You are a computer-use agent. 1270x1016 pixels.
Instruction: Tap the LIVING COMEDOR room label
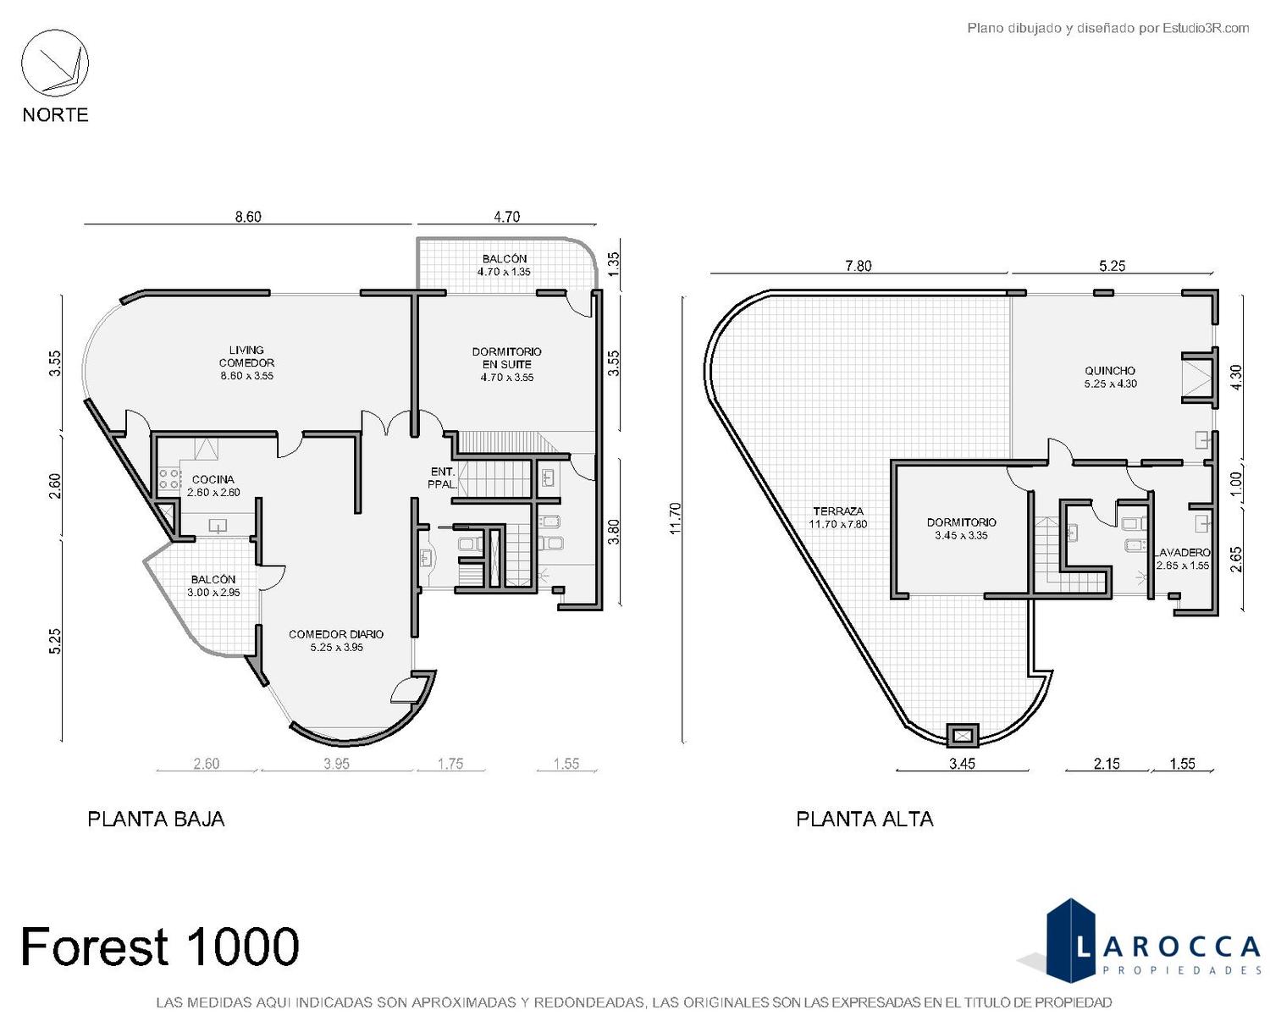[x=246, y=362]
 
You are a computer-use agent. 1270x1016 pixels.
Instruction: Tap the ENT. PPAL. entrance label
[x=443, y=478]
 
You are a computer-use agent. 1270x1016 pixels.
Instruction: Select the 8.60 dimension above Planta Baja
[x=248, y=217]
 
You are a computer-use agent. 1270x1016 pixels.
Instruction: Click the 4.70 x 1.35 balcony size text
[x=504, y=272]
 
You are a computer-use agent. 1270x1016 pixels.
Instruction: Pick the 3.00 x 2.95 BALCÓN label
[x=213, y=586]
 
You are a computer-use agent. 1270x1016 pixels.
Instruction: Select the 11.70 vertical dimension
[x=676, y=518]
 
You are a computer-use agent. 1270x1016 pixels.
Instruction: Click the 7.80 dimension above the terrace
[x=858, y=266]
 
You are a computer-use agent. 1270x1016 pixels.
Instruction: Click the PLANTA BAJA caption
[x=156, y=820]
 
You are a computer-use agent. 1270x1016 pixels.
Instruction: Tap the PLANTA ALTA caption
[x=864, y=820]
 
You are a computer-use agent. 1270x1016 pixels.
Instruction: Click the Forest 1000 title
[x=160, y=947]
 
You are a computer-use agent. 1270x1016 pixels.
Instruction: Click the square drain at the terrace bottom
[x=963, y=736]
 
